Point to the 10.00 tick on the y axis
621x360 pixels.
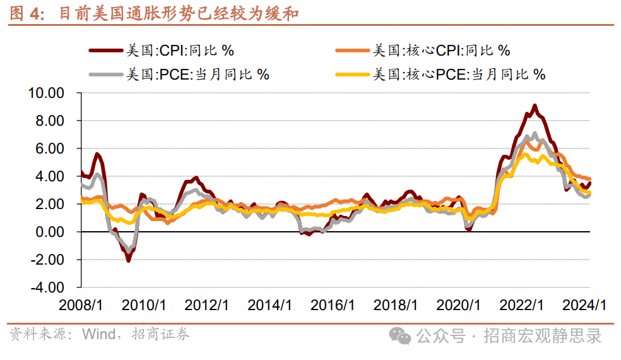pyautogui.click(x=46, y=93)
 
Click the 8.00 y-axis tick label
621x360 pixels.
pyautogui.click(x=49, y=121)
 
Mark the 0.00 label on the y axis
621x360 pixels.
pyautogui.click(x=49, y=232)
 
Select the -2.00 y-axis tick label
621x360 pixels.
pyautogui.click(x=47, y=260)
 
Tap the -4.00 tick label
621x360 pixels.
pyautogui.click(x=47, y=287)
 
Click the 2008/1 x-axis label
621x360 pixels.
pyautogui.click(x=81, y=305)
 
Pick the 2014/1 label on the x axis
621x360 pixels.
pyautogui.click(x=269, y=305)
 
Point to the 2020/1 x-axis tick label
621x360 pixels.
pyautogui.click(x=459, y=305)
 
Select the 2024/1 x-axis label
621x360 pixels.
pyautogui.click(x=584, y=305)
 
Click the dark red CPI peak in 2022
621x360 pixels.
pyautogui.click(x=535, y=106)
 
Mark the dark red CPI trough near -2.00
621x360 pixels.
pyautogui.click(x=128, y=260)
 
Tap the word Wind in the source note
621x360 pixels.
pyautogui.click(x=99, y=334)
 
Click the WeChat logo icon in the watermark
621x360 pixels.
pyautogui.click(x=399, y=336)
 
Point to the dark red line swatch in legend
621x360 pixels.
pyautogui.click(x=106, y=51)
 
